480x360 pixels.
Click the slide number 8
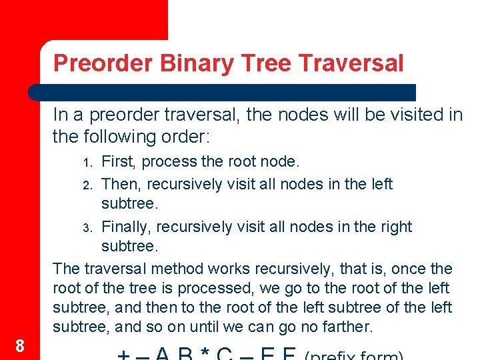[x=20, y=345]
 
